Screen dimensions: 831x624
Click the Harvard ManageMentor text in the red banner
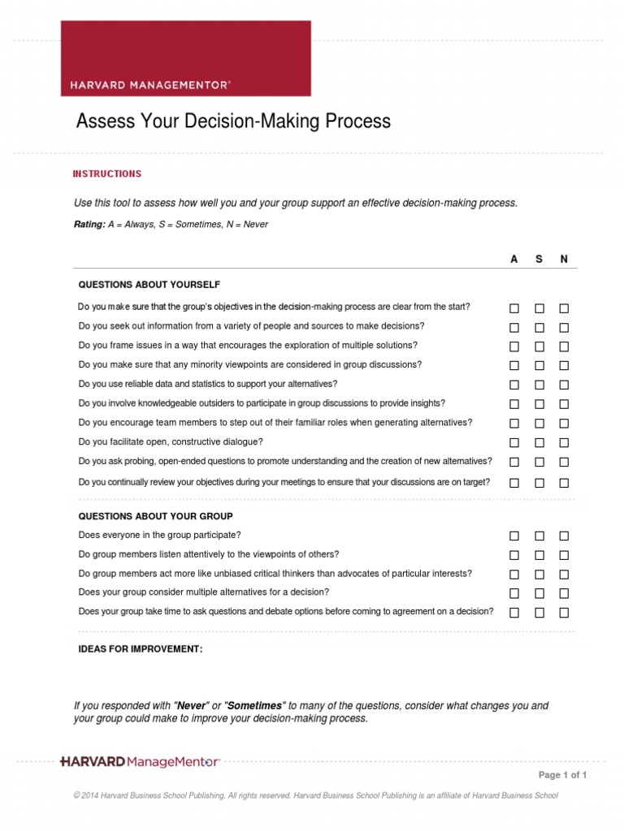pyautogui.click(x=150, y=84)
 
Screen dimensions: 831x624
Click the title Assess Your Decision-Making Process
pyautogui.click(x=233, y=122)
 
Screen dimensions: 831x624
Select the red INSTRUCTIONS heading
pyautogui.click(x=107, y=174)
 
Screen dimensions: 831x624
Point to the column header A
pyautogui.click(x=513, y=259)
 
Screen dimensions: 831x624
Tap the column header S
pyautogui.click(x=539, y=259)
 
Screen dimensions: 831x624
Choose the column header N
pyautogui.click(x=564, y=259)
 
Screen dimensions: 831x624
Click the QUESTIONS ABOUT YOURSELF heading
pyautogui.click(x=149, y=285)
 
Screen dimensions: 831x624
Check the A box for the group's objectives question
pyautogui.click(x=514, y=308)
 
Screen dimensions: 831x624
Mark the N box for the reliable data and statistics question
pyautogui.click(x=564, y=385)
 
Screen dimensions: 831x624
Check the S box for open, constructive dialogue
pyautogui.click(x=539, y=443)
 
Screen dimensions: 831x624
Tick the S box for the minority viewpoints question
pyautogui.click(x=539, y=366)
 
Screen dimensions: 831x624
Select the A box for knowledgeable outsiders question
pyautogui.click(x=514, y=404)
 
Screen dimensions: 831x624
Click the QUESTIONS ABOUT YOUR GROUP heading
pyautogui.click(x=155, y=516)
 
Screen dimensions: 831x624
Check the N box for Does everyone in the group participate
pyautogui.click(x=564, y=536)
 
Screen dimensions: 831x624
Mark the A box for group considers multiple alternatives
pyautogui.click(x=514, y=593)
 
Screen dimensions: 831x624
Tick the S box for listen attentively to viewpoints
pyautogui.click(x=539, y=555)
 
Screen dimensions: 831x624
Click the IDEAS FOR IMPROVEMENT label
pyautogui.click(x=140, y=649)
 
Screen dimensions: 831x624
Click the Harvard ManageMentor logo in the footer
pyautogui.click(x=140, y=761)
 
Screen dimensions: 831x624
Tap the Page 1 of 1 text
pyautogui.click(x=562, y=775)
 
